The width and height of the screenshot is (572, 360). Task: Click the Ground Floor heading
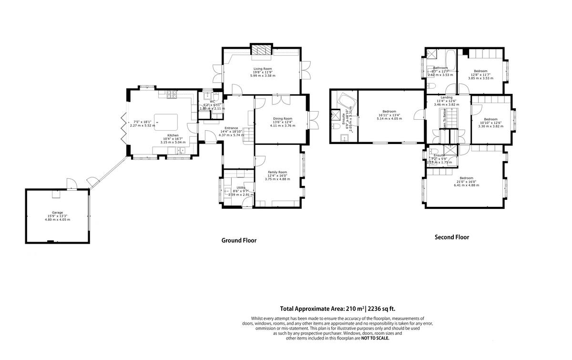point(239,240)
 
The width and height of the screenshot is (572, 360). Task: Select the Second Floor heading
point(451,237)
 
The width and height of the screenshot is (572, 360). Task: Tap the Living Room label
point(262,69)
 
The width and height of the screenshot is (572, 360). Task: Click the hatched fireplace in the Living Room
point(262,50)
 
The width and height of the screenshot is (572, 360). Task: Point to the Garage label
point(57,213)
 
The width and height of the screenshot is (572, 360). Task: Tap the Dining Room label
point(282,118)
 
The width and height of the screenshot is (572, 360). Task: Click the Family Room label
point(277,172)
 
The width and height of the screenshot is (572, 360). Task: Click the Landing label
point(447,97)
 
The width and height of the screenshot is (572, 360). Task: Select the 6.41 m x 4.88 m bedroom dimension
point(466,185)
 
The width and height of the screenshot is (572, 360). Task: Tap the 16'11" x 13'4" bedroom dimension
point(389,115)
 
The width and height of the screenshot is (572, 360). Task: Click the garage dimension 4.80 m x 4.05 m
point(57,220)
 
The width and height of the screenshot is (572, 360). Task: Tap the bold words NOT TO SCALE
point(375,338)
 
